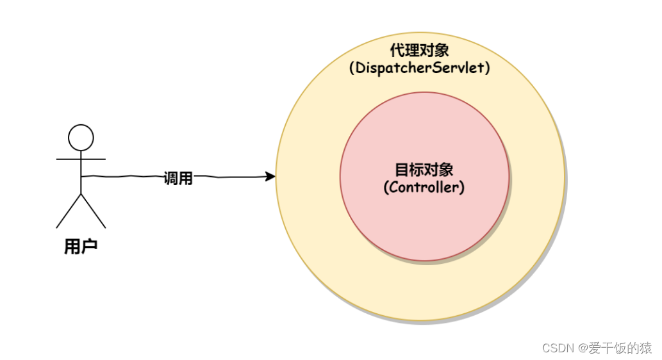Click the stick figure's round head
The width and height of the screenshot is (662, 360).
(81, 137)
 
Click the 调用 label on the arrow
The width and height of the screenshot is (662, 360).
(178, 179)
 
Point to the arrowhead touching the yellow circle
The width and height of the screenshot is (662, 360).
(270, 176)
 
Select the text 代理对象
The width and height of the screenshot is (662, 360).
(420, 51)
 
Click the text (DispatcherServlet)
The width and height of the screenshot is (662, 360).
(420, 68)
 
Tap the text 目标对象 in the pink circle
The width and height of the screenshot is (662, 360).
(424, 170)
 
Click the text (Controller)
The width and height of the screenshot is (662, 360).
(424, 188)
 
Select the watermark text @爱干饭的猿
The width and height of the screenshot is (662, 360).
(615, 348)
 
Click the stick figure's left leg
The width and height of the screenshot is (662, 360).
(69, 211)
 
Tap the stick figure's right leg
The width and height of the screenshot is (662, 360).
(94, 211)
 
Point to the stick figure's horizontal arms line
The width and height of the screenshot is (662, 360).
(81, 158)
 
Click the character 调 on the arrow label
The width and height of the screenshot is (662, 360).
(170, 179)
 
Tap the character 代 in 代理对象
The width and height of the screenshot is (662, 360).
(397, 51)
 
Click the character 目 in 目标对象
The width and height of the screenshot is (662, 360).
(402, 170)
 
